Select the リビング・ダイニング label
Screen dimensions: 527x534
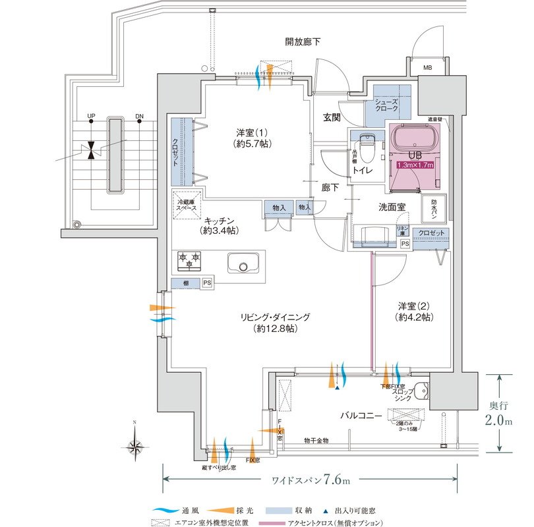coord(275,322)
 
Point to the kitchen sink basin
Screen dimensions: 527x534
coord(245,264)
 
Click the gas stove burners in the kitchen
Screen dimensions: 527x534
coord(189,261)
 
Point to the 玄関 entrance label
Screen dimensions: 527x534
coord(332,118)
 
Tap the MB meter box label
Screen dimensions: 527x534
coord(427,68)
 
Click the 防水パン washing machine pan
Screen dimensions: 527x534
coord(438,207)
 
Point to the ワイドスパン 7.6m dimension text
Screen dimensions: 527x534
coord(310,479)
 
